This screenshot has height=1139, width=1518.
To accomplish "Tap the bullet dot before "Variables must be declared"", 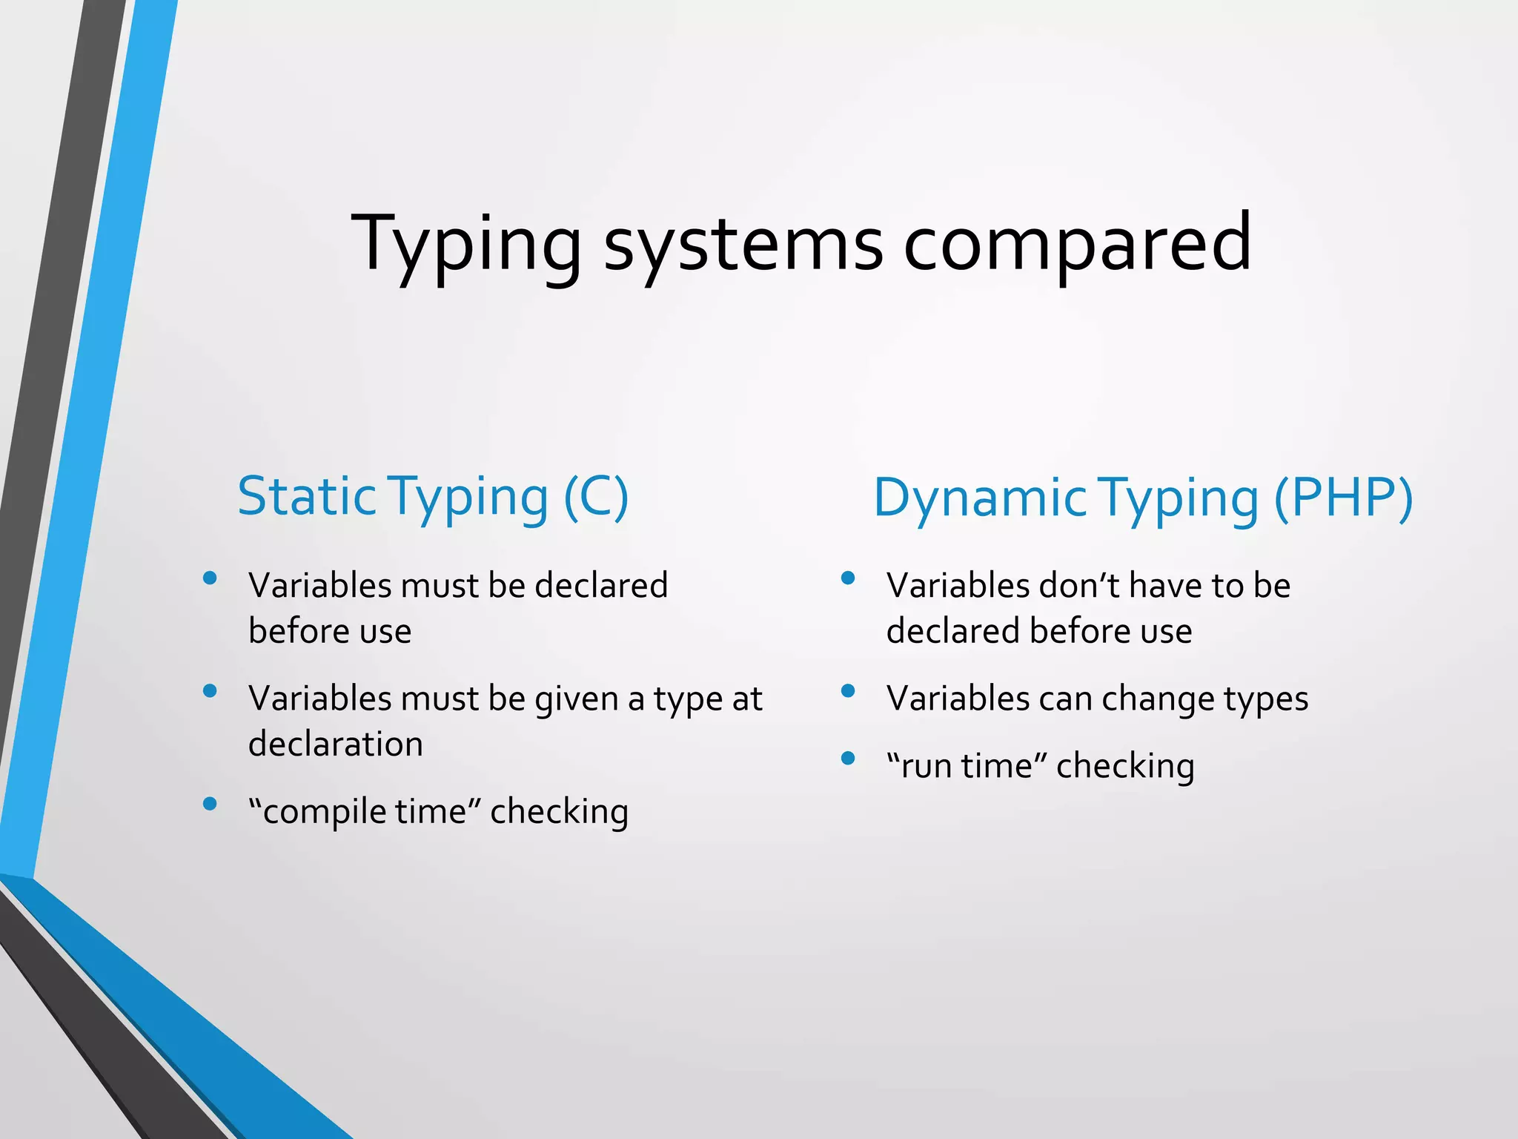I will [x=210, y=578].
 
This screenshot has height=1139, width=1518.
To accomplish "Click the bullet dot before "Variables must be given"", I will [x=210, y=691].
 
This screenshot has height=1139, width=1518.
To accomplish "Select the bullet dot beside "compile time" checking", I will [x=210, y=804].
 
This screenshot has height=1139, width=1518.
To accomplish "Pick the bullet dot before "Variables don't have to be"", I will [x=849, y=578].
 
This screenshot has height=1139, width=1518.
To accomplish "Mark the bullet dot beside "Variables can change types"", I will [x=849, y=691].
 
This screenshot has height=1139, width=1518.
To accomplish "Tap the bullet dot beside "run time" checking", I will [x=849, y=759].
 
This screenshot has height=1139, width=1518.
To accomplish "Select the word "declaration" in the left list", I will [x=336, y=744].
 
